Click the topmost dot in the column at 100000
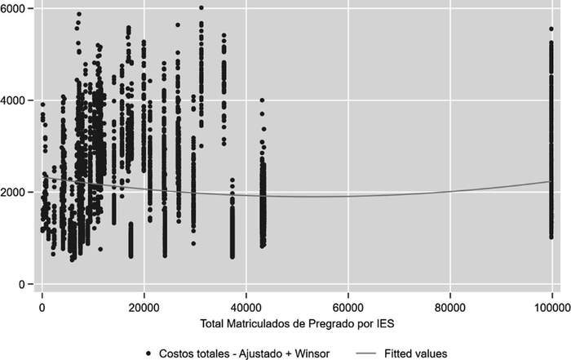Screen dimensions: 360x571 click(x=551, y=29)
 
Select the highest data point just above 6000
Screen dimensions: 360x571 click(x=201, y=8)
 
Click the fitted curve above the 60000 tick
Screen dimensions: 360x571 click(x=348, y=196)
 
